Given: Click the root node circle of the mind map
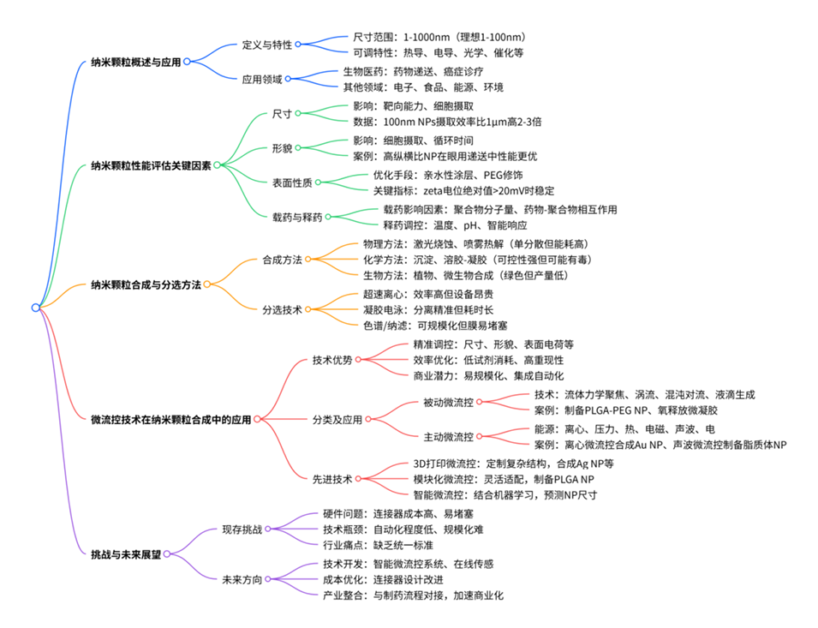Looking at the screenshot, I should pyautogui.click(x=35, y=308).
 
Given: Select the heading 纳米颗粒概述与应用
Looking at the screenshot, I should pyautogui.click(x=136, y=62).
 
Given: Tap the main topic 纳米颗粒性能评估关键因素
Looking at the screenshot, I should pyautogui.click(x=150, y=165).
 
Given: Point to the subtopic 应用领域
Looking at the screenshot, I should pyautogui.click(x=261, y=79).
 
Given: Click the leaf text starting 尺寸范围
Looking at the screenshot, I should pyautogui.click(x=439, y=38).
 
